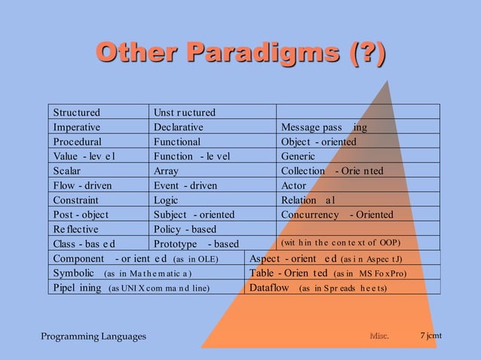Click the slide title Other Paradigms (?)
(240, 54)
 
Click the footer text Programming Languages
(93, 336)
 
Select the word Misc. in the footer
(378, 336)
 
